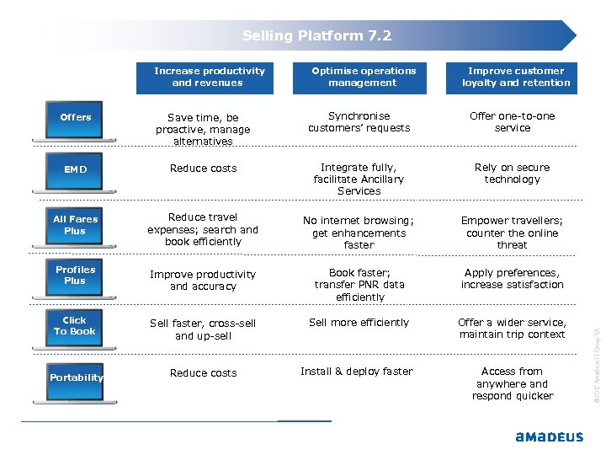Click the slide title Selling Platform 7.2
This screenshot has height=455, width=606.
[x=316, y=35]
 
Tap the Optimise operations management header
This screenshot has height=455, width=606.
[x=363, y=77]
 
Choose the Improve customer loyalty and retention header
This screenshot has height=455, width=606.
[x=516, y=77]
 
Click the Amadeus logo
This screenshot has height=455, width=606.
[x=549, y=436]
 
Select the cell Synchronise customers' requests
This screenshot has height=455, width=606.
[x=359, y=122]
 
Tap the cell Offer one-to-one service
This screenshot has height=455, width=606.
[x=512, y=122]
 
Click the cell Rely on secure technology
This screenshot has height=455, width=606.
[x=512, y=174]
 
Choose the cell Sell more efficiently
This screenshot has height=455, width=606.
[x=359, y=323]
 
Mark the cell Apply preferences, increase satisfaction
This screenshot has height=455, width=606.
[x=512, y=279]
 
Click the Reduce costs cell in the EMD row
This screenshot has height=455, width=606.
[x=204, y=169]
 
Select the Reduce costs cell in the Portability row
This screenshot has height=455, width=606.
[x=204, y=373]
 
